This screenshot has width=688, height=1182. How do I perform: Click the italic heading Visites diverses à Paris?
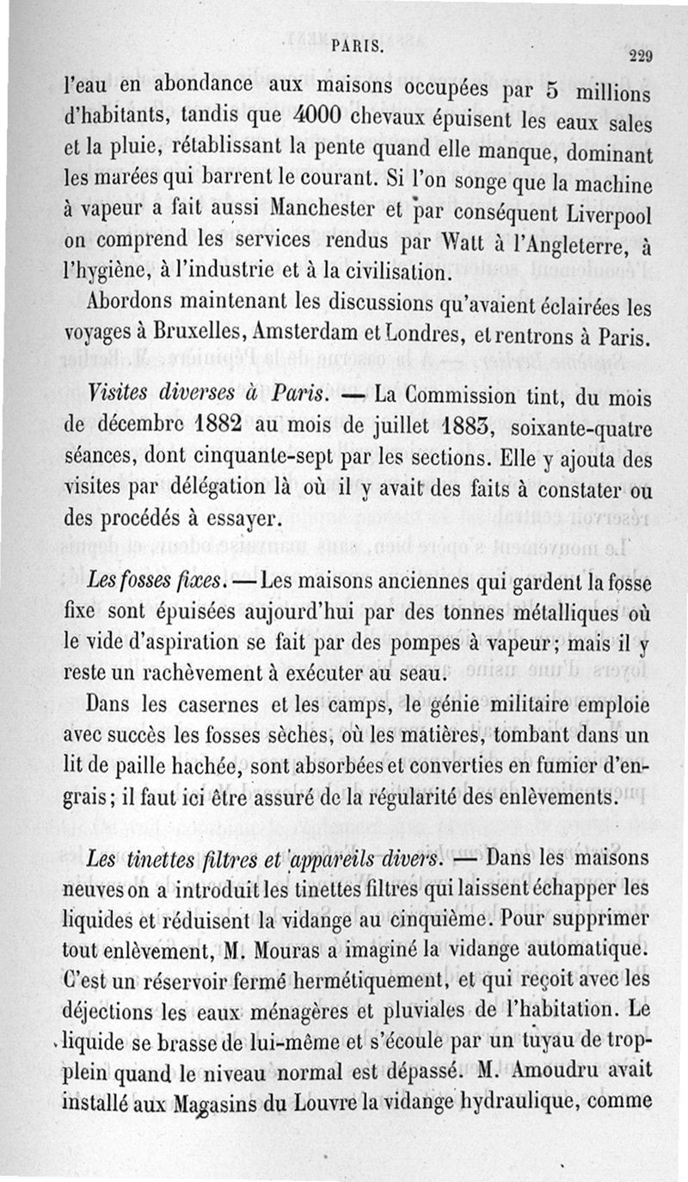point(206,397)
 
